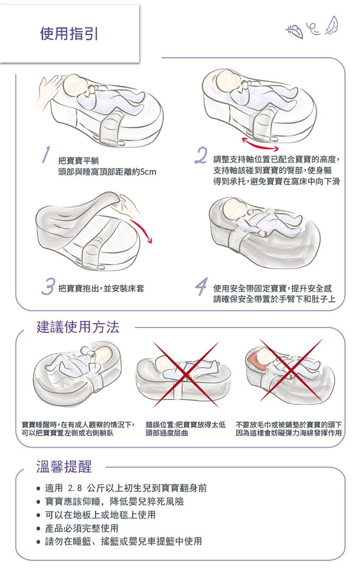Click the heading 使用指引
click(69, 34)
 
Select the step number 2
click(200, 155)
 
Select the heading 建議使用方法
click(78, 327)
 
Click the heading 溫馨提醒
click(64, 467)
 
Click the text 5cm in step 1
click(147, 173)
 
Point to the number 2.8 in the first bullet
click(76, 487)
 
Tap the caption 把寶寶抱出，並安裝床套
click(101, 289)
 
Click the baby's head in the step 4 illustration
click(233, 208)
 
